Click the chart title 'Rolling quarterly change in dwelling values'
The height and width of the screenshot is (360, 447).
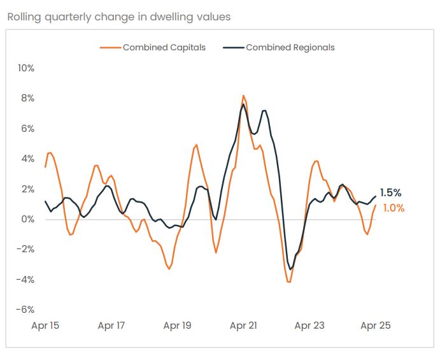click(118, 17)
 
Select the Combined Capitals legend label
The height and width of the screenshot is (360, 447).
click(164, 47)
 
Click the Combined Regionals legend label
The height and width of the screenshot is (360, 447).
click(290, 47)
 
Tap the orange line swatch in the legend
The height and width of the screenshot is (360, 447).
click(111, 47)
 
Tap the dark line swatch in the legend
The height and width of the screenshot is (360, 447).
click(233, 47)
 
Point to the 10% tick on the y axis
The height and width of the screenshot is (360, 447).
click(25, 68)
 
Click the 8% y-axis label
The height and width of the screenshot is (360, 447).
click(27, 98)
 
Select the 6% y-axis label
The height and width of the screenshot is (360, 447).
click(27, 129)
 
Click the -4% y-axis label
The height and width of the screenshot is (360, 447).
click(25, 280)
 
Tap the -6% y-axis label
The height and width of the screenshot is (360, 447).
click(25, 310)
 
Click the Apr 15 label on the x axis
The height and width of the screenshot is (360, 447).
click(45, 326)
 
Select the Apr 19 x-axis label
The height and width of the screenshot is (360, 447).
click(177, 326)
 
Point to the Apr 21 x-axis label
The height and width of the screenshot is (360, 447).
click(243, 326)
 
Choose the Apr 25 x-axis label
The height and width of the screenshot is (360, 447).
click(375, 326)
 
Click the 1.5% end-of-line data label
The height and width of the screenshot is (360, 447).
click(390, 192)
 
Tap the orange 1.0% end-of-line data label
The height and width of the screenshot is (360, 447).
click(394, 208)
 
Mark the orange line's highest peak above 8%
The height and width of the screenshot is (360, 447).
click(243, 95)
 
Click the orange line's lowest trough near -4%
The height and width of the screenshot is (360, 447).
click(289, 282)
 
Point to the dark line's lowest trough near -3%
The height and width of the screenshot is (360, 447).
click(290, 269)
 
